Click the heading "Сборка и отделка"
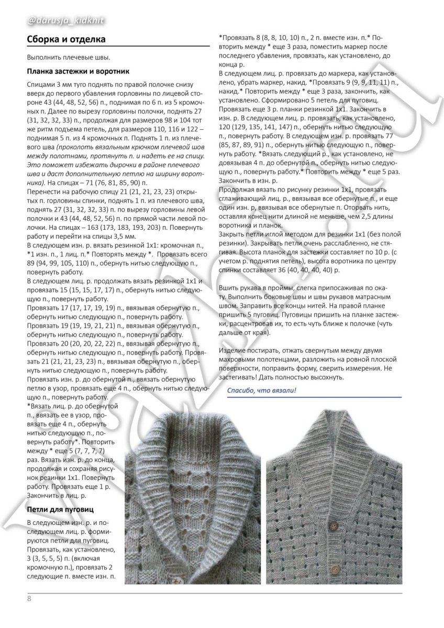click(x=65, y=39)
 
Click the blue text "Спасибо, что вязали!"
click(x=261, y=390)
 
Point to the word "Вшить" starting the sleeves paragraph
click(x=229, y=288)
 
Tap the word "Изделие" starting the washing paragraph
click(x=232, y=349)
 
